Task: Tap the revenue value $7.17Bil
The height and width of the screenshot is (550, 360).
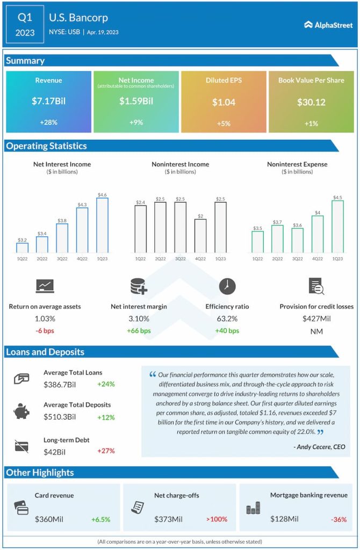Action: pyautogui.click(x=49, y=101)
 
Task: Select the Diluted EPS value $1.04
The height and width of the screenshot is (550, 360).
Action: pyautogui.click(x=224, y=102)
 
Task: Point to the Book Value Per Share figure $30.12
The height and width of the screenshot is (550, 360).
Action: pyautogui.click(x=311, y=102)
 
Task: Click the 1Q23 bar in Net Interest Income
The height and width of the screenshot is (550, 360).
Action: pyautogui.click(x=102, y=226)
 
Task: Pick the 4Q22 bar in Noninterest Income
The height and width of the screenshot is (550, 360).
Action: pyautogui.click(x=200, y=236)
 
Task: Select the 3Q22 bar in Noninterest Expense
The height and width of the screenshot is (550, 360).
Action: pyautogui.click(x=298, y=240)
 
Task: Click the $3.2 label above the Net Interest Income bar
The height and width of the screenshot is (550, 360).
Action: pyautogui.click(x=22, y=240)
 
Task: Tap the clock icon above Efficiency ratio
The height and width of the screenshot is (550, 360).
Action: pyautogui.click(x=227, y=286)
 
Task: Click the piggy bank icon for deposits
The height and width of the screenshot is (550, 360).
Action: pyautogui.click(x=22, y=411)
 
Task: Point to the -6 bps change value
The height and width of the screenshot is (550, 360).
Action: pyautogui.click(x=45, y=331)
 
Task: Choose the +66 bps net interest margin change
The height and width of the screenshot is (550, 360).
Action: pyautogui.click(x=139, y=331)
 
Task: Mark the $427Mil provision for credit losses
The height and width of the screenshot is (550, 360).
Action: pyautogui.click(x=316, y=319)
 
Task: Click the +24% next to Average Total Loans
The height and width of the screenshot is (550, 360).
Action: pyautogui.click(x=106, y=384)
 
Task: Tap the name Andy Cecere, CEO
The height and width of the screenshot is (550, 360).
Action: pyautogui.click(x=320, y=447)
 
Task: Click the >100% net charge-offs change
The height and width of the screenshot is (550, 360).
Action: pyautogui.click(x=217, y=519)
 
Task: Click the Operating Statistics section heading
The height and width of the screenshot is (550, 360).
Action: pyautogui.click(x=46, y=146)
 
